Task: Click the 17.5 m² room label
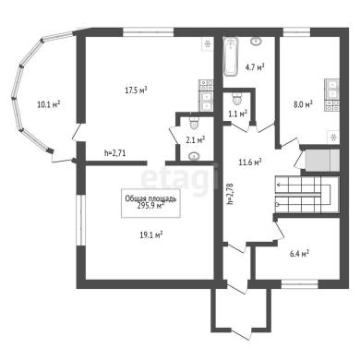137,90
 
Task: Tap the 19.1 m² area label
151,235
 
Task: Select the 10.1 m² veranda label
48,104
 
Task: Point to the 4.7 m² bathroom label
255,67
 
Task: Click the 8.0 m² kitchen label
303,104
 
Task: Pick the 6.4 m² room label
299,254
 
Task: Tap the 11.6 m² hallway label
250,162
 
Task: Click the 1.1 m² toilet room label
238,114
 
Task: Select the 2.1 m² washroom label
196,140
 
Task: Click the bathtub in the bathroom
231,56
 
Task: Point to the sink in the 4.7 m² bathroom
256,41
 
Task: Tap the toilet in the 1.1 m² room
236,98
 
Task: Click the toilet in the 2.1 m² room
195,123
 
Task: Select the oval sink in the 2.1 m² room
194,156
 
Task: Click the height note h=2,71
114,153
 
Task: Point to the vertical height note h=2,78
230,194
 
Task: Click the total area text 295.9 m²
150,206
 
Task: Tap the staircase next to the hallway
306,195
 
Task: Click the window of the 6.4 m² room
300,283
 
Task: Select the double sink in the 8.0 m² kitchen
333,88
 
